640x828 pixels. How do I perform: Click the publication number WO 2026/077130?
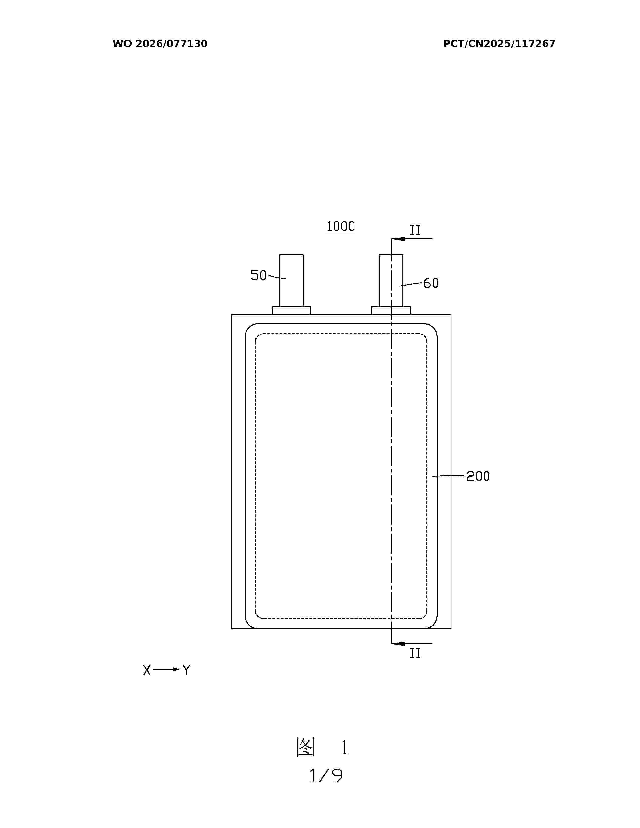coord(160,44)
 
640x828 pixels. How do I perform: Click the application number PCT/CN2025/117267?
coord(499,44)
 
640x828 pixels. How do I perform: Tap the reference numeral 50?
coord(259,275)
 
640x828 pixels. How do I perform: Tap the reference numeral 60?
coord(431,283)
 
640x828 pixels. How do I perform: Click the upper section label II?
coord(415,230)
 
